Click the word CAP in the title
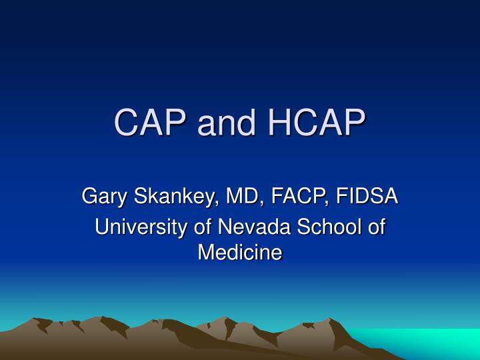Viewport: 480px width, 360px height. [150, 125]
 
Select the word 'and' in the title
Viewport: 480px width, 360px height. [225, 125]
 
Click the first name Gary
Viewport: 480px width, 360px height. [104, 197]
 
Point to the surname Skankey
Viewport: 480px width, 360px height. [173, 197]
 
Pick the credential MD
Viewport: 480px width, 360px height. [241, 197]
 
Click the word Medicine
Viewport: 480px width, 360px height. [240, 253]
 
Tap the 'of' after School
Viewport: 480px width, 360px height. [377, 227]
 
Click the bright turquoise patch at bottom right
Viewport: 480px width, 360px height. [427, 343]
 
